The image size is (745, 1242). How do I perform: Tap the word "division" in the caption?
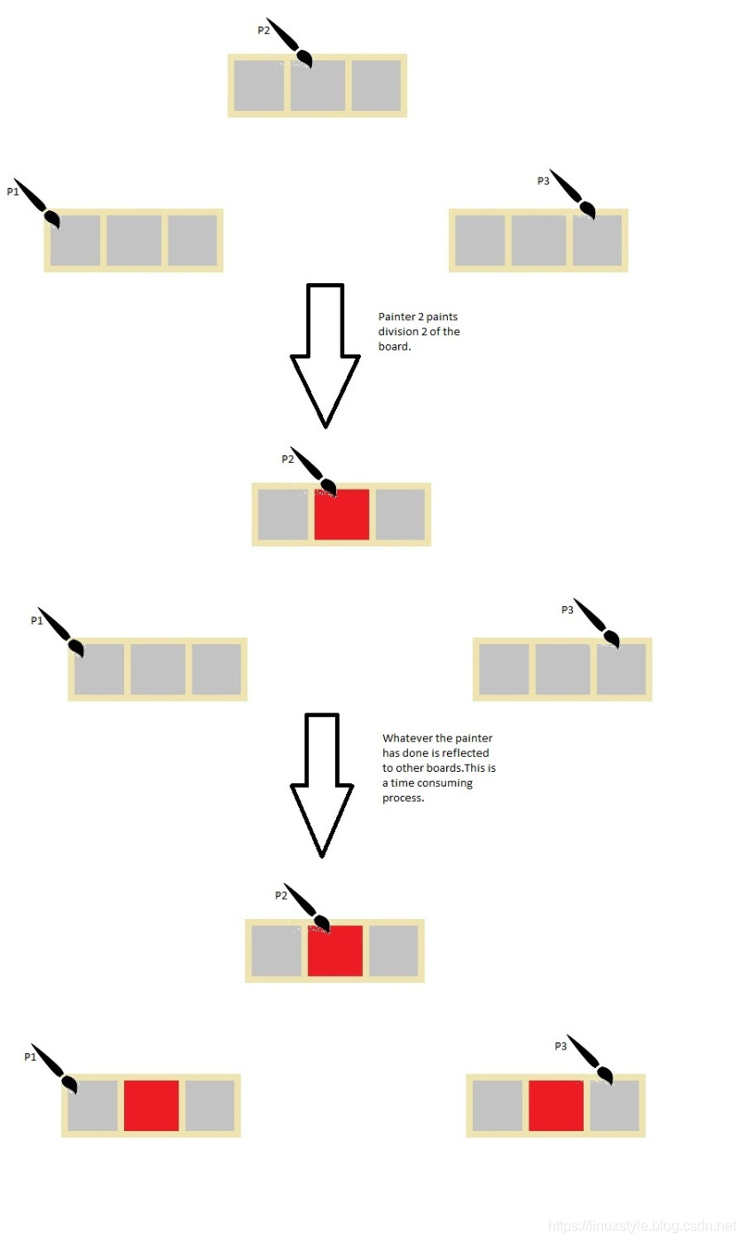point(397,332)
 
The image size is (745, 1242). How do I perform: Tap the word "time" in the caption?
point(405,783)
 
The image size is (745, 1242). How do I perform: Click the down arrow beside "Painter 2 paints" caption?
point(325,355)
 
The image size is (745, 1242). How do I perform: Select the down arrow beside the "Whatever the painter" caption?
point(322,784)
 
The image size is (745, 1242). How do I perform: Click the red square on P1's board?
point(152,1105)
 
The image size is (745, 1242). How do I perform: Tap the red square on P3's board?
point(556,1105)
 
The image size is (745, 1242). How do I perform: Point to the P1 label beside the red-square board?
point(30,1057)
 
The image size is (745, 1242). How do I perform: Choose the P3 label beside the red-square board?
point(561,1047)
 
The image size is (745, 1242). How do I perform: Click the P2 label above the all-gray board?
point(263,30)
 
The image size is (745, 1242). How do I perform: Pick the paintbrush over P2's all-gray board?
point(289,43)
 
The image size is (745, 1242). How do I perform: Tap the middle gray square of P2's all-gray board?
point(318,86)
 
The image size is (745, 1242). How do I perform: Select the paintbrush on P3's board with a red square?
point(591,1059)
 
